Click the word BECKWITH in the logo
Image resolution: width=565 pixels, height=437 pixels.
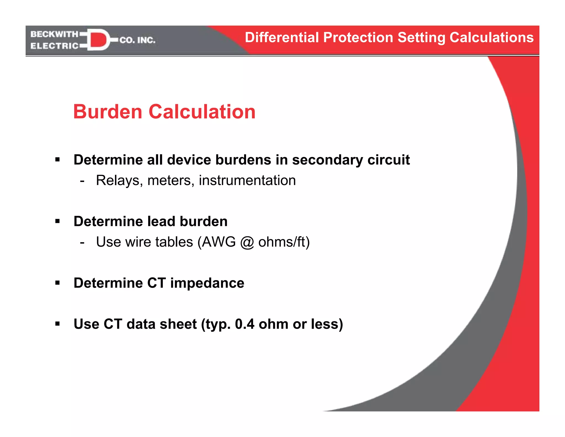click(x=54, y=34)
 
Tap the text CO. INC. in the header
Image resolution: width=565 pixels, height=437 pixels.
click(x=137, y=40)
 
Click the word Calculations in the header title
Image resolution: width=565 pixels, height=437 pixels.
click(x=491, y=38)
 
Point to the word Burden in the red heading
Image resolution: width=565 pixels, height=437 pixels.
click(x=108, y=112)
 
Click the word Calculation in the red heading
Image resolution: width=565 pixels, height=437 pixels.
click(x=202, y=112)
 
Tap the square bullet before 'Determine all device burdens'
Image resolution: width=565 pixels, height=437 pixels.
click(x=57, y=159)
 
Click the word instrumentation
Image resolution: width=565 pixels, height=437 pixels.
click(x=247, y=180)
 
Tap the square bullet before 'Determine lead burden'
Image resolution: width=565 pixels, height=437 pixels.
click(x=57, y=221)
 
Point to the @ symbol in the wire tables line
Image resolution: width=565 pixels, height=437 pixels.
click(x=247, y=242)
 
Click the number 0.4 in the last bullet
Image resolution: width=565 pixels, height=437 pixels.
click(x=244, y=324)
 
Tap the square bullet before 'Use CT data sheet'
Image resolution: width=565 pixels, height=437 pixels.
click(x=57, y=324)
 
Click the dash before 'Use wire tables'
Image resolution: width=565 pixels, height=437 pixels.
click(x=82, y=242)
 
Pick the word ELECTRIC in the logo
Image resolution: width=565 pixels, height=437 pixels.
click(x=54, y=46)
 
